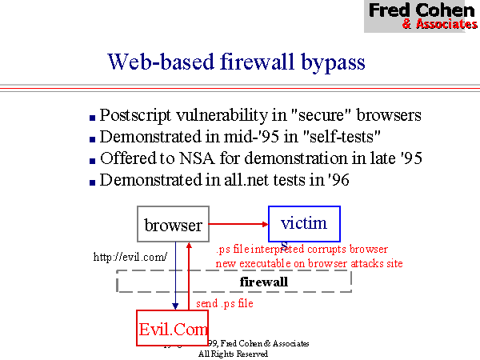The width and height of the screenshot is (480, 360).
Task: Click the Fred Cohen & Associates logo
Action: pos(422,16)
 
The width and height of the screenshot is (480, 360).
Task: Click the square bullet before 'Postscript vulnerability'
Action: pos(93,117)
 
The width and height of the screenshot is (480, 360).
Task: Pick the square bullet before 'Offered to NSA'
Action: pos(93,160)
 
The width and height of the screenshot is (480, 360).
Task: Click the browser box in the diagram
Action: pos(174,225)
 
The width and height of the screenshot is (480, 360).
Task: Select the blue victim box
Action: pos(304,223)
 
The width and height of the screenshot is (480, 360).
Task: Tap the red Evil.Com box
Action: pos(173,328)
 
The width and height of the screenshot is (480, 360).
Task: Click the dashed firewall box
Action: pos(234,282)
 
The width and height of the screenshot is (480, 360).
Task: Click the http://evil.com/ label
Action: pos(130,257)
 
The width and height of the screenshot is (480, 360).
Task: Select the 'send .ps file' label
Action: pos(225,304)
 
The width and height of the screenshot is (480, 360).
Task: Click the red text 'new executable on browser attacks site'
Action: pos(309,262)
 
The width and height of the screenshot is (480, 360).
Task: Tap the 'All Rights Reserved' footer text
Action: pos(233,353)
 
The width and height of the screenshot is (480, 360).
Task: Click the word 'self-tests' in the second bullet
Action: pos(345,137)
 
